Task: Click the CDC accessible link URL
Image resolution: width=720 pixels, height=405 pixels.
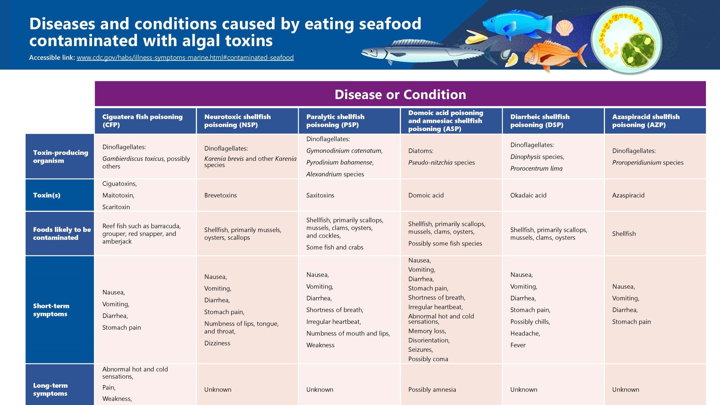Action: click(185, 58)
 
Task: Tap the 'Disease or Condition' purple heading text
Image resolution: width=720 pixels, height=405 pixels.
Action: click(400, 94)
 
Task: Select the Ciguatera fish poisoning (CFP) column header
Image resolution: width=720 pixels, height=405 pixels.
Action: click(142, 121)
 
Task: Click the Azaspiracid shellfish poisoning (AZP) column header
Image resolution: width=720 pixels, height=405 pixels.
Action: click(646, 121)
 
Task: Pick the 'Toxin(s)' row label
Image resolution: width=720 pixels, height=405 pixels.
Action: click(47, 195)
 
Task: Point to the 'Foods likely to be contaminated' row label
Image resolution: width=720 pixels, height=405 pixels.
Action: click(62, 233)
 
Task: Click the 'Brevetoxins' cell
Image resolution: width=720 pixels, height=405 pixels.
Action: click(220, 195)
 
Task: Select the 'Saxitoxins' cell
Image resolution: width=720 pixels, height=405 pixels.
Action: click(320, 195)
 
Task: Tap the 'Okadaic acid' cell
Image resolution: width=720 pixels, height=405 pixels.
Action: click(528, 195)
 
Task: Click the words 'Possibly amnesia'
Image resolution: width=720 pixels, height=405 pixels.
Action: click(432, 390)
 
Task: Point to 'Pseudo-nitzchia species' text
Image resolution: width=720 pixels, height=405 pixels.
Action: click(441, 163)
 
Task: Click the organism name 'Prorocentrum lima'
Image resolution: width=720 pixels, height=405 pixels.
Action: click(536, 168)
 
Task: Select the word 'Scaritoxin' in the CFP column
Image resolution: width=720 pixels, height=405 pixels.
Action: click(116, 207)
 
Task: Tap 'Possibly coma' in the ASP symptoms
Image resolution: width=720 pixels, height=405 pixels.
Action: click(428, 359)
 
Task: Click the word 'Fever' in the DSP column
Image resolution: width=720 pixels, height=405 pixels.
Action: click(518, 345)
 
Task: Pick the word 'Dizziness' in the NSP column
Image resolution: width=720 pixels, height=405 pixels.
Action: click(217, 343)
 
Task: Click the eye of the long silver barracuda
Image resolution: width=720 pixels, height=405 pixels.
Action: click(372, 51)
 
